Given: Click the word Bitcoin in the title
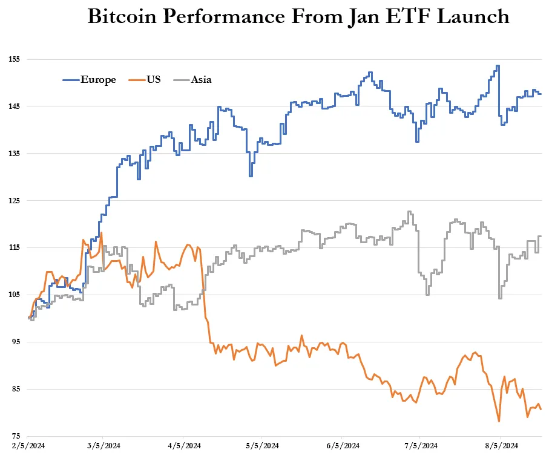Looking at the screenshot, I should click(125, 17).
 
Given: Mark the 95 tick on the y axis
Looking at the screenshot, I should click(16, 342).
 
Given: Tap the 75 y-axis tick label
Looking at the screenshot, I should click(16, 436).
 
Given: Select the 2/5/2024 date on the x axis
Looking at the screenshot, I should click(27, 446).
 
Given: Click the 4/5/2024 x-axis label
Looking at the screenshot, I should click(184, 446).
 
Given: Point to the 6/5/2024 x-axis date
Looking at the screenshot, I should click(343, 446).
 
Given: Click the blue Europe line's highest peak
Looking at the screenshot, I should click(498, 66).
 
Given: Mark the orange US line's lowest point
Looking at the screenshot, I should click(499, 421).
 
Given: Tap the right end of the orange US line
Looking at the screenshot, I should click(540, 409).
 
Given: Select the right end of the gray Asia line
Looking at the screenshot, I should click(540, 237).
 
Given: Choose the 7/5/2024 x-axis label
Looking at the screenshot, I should click(421, 446).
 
